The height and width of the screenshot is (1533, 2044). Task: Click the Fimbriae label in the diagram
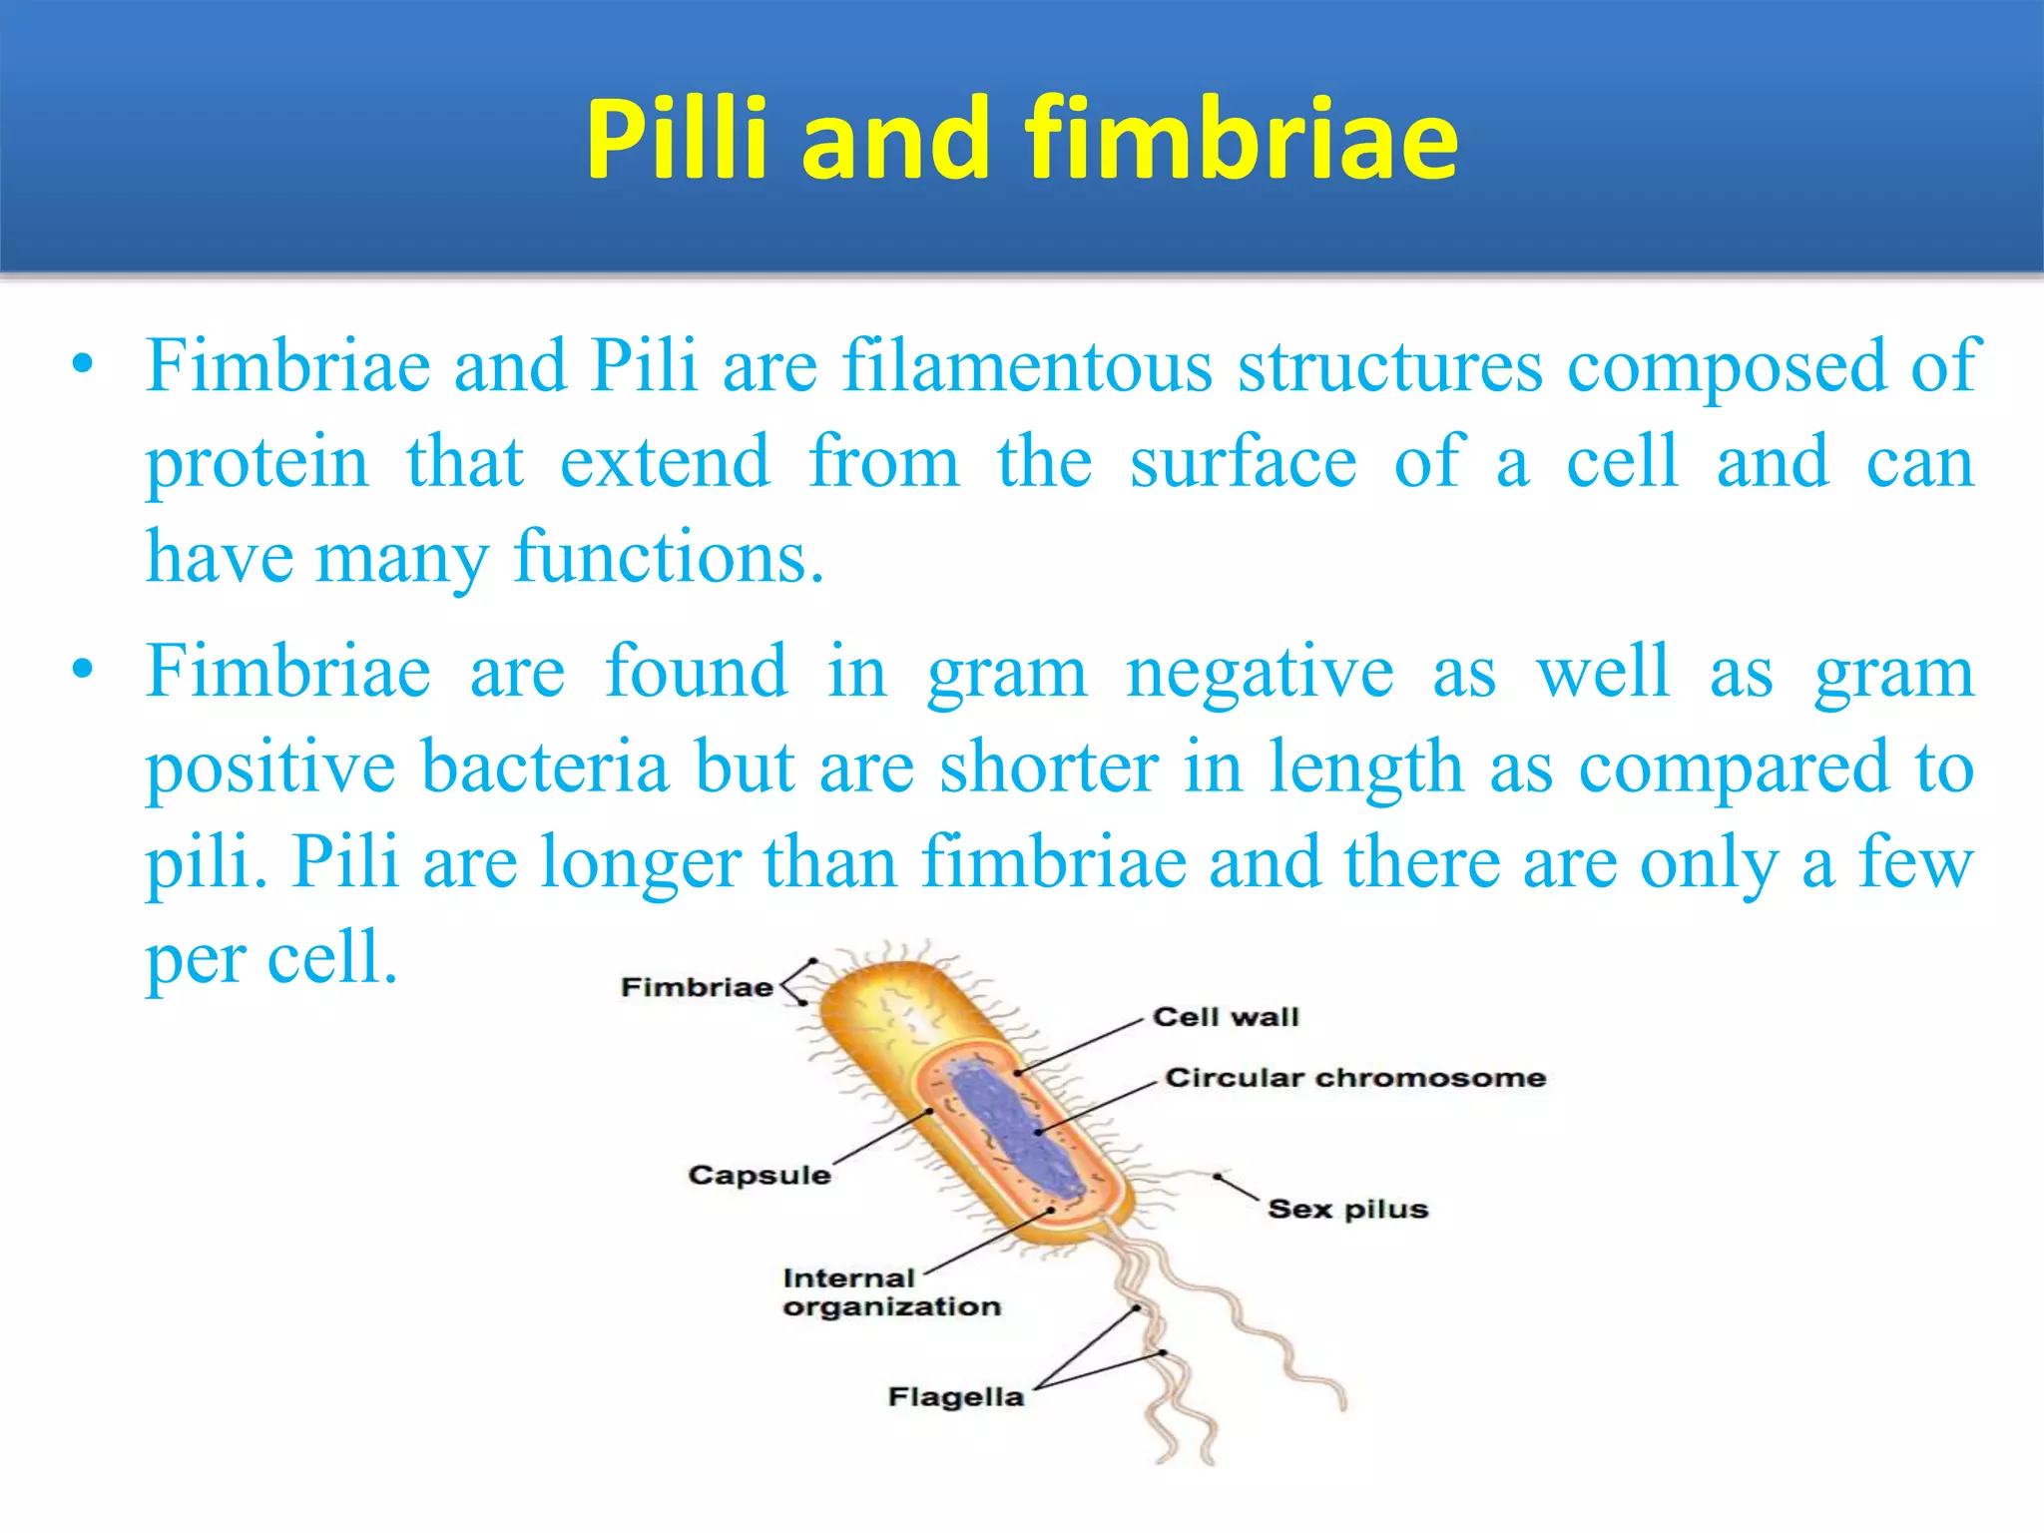[x=697, y=987]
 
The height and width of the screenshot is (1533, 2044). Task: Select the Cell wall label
[x=1226, y=1017]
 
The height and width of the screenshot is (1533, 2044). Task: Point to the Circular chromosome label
[x=1355, y=1078]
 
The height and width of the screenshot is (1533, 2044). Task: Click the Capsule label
[x=759, y=1175]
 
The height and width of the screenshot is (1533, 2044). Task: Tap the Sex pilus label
[x=1347, y=1209]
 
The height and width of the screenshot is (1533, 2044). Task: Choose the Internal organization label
[x=890, y=1292]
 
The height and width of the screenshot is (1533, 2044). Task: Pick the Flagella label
[x=956, y=1396]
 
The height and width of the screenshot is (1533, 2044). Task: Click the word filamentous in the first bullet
[x=1027, y=365]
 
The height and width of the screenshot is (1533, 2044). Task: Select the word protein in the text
[x=257, y=462]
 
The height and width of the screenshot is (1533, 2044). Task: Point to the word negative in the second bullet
[x=1260, y=671]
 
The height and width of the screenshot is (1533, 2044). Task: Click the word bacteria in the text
[x=545, y=766]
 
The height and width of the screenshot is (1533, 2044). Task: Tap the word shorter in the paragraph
[x=1050, y=766]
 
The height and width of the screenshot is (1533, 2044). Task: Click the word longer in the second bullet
[x=639, y=862]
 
